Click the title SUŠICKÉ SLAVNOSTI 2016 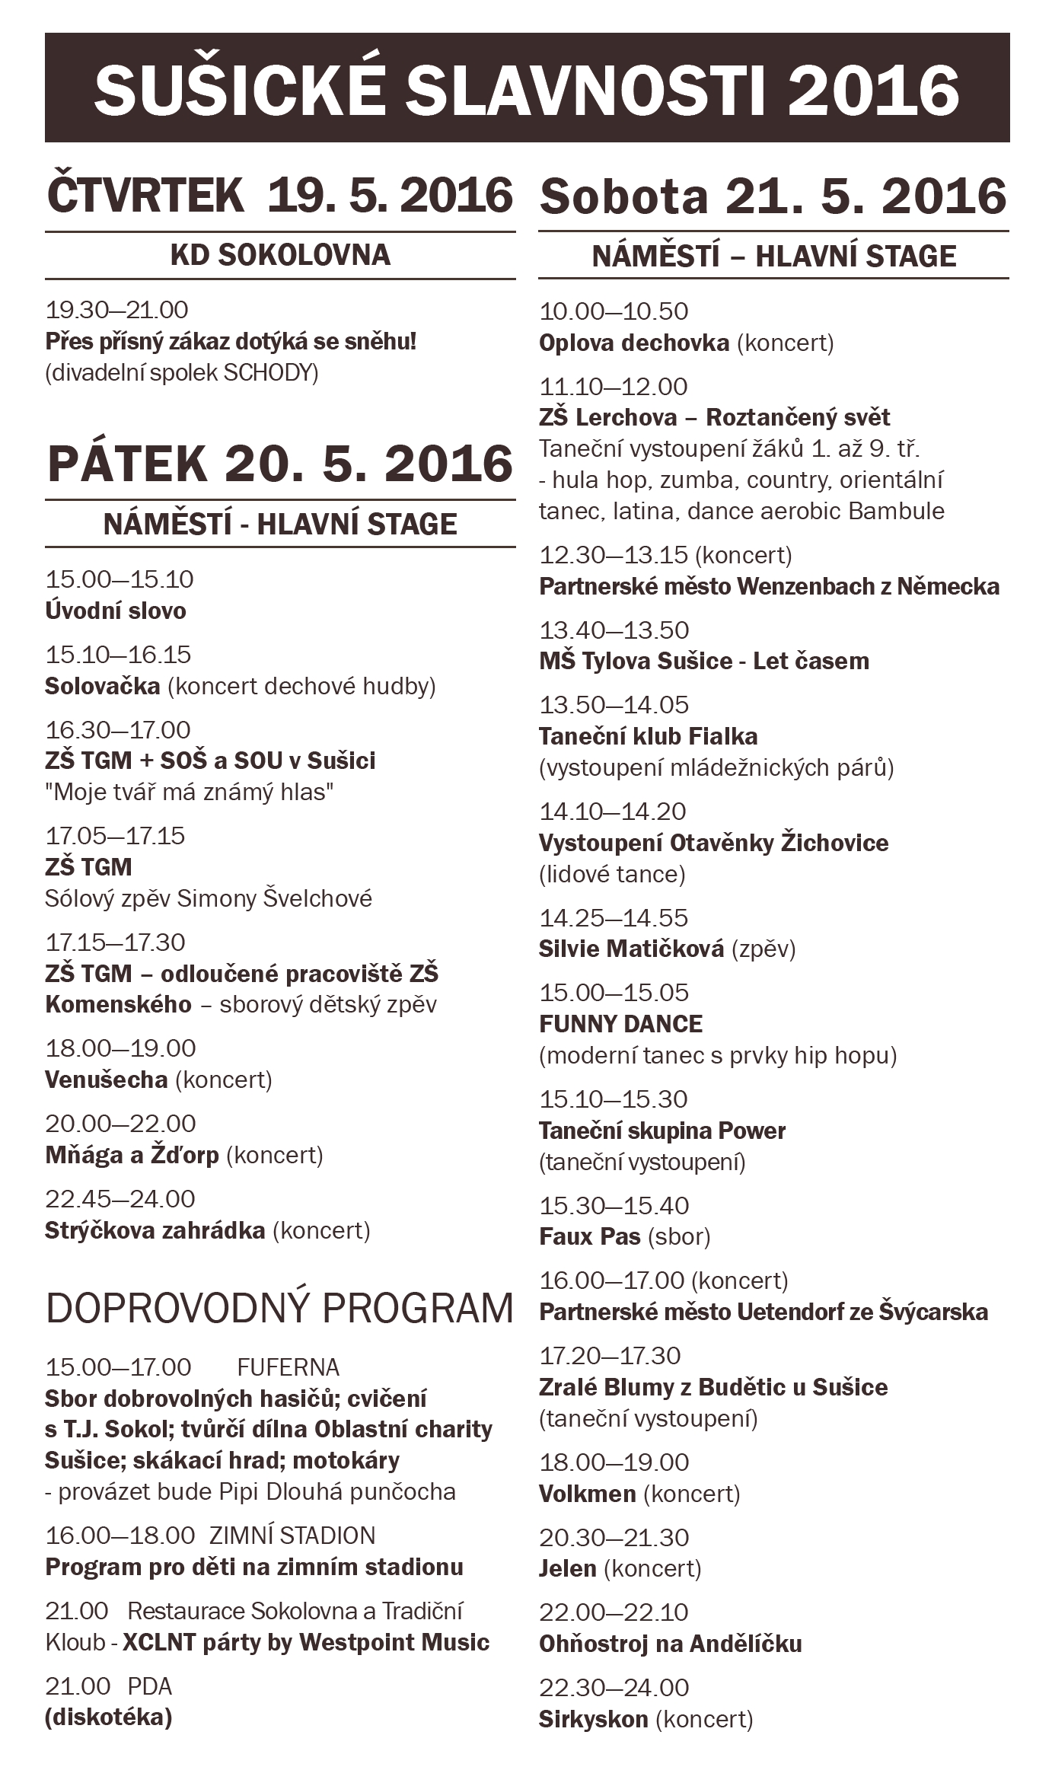pos(526,89)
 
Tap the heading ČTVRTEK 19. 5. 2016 pos(279,196)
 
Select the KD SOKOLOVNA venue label pos(280,255)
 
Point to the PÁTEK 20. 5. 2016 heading pos(279,464)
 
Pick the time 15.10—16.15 pos(118,655)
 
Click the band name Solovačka pos(102,686)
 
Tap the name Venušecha pos(106,1080)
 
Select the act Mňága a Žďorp pos(132,1155)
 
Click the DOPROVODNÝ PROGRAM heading pos(279,1308)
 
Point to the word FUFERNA pos(288,1367)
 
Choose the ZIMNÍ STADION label pos(292,1536)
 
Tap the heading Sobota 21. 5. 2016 pos(773,196)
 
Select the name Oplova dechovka pos(633,343)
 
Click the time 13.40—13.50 pos(614,630)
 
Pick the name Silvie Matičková pos(631,949)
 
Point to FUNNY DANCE pos(620,1024)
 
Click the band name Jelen pos(567,1568)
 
